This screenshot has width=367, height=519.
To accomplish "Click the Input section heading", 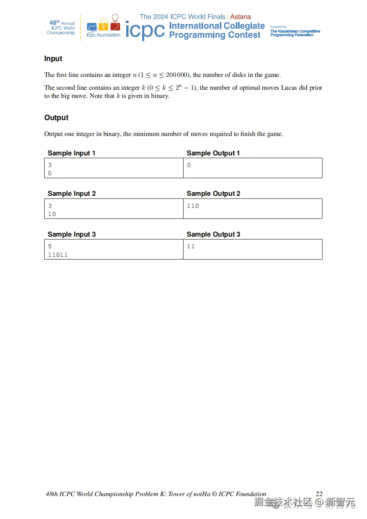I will point(53,59).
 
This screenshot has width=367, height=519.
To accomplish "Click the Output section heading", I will point(56,118).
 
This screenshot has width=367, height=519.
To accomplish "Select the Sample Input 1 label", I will point(71,153).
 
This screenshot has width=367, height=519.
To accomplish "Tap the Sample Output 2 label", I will point(213,193).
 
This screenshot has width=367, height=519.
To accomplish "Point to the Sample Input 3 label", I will point(71,234).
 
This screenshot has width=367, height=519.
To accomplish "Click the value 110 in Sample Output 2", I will point(193,206).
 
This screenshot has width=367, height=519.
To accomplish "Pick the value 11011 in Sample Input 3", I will point(58,255).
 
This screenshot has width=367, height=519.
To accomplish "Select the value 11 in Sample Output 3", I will point(191,246).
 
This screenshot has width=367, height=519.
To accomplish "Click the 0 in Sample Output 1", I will point(189,165).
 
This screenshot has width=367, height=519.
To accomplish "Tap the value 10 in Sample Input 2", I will point(52,214).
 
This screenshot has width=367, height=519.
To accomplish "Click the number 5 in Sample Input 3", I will point(50,246).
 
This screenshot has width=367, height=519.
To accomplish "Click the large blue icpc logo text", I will point(145,31).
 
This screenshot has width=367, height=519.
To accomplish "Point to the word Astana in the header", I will point(240,17).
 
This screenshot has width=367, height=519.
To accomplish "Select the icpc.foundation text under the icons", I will point(103,35).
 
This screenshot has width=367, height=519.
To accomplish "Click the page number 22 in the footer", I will point(319,494).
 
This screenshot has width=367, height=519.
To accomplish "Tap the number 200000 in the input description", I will point(176,75).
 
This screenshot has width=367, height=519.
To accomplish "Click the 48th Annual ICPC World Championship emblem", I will point(61,28).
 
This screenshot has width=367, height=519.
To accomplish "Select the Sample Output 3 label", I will point(213,234).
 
